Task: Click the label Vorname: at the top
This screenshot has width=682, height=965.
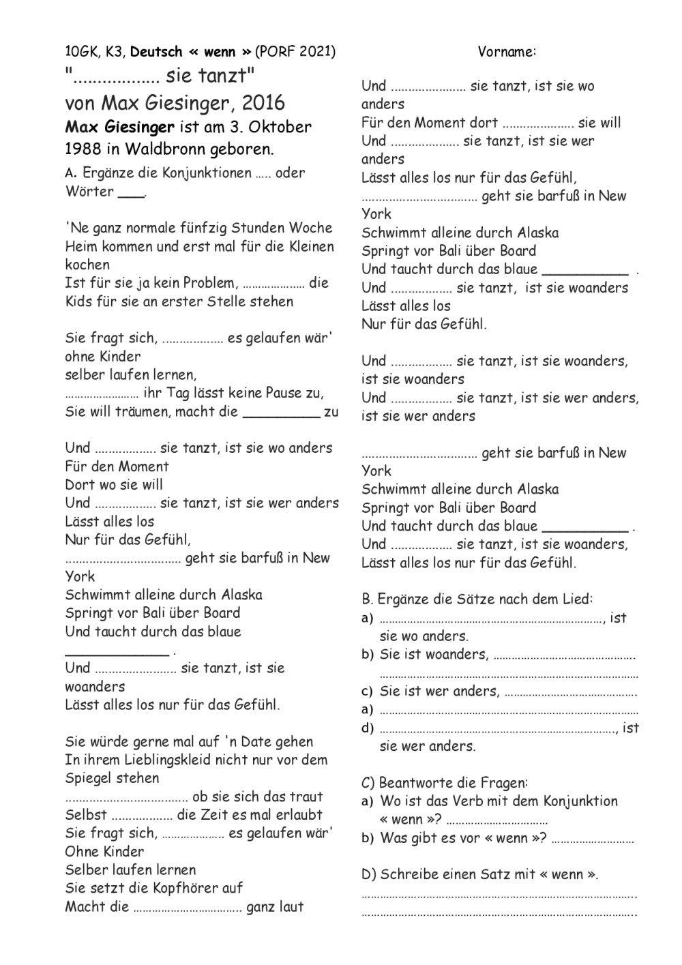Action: (507, 51)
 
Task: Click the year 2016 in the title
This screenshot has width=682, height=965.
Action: (263, 103)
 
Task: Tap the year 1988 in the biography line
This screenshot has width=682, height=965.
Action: (85, 148)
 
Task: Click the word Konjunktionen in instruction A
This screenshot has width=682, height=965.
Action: (206, 173)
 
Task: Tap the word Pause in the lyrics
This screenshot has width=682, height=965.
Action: (275, 393)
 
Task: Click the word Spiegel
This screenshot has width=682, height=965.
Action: (89, 778)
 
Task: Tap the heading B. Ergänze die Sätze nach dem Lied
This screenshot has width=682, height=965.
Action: (477, 599)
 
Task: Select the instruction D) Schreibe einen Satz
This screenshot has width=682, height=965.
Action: (479, 874)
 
